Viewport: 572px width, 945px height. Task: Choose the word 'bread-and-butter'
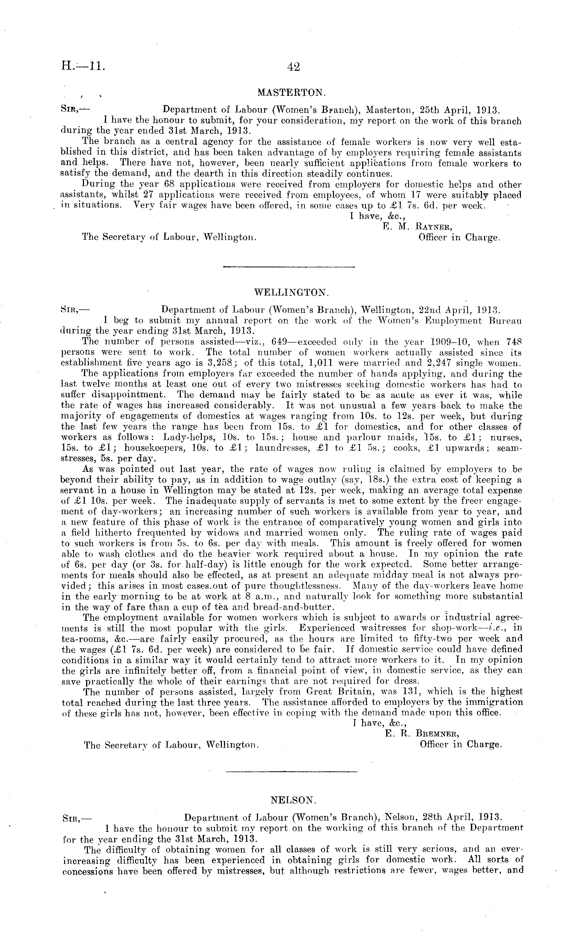click(x=296, y=607)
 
